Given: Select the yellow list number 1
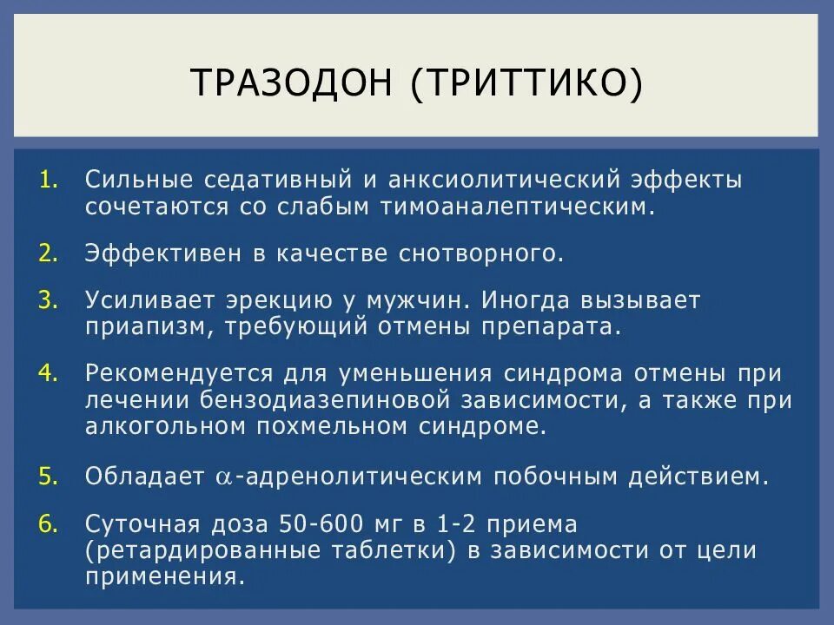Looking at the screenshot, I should click(x=49, y=181).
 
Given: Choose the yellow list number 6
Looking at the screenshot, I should click(x=49, y=524).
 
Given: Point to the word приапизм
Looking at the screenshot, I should click(x=148, y=326).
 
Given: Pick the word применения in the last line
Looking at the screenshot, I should click(x=162, y=576).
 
